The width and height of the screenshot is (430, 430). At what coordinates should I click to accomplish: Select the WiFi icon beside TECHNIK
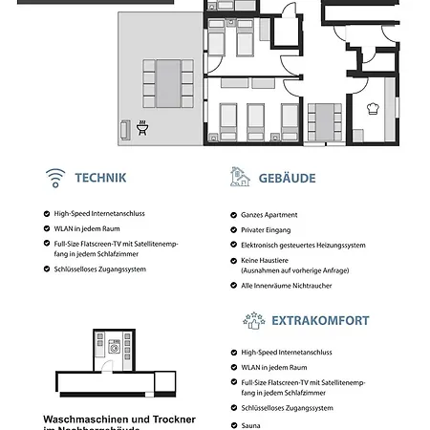[54, 178]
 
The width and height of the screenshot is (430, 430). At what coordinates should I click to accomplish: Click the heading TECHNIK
[100, 178]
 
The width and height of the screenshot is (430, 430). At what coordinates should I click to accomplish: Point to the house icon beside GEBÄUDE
[241, 177]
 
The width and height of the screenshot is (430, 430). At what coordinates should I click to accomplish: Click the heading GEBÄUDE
[286, 178]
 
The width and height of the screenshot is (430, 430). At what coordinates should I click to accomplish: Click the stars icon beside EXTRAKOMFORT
[253, 320]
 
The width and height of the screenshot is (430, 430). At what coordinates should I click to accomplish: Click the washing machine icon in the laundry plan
[116, 350]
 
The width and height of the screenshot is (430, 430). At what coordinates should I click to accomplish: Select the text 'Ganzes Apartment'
[269, 215]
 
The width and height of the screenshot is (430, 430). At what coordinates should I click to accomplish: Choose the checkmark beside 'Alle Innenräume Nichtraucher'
[232, 286]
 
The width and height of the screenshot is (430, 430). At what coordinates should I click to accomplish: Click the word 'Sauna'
[250, 425]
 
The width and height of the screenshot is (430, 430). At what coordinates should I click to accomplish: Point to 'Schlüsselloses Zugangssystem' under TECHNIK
[99, 269]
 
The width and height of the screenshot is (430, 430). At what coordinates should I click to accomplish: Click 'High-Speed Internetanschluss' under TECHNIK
[99, 214]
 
